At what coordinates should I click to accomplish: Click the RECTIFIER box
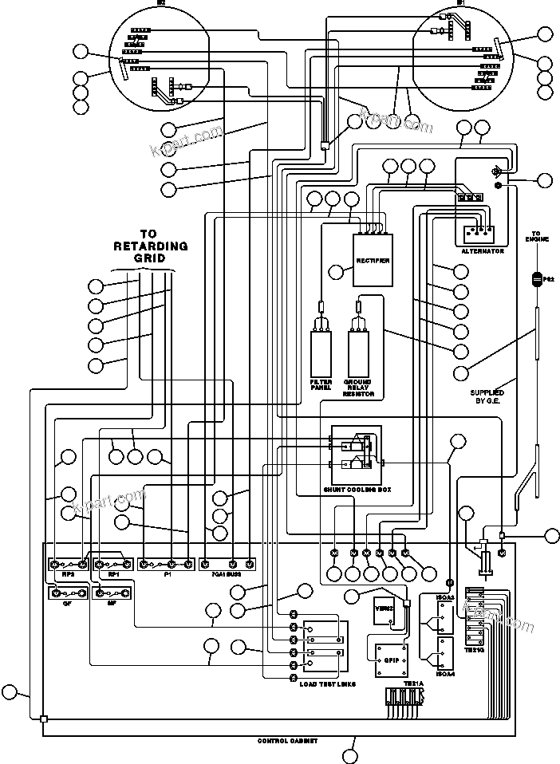coord(373,262)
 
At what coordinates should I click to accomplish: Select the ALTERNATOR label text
coord(483,251)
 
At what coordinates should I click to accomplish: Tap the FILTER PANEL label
coord(321,386)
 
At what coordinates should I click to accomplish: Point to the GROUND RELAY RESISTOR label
coord(358,388)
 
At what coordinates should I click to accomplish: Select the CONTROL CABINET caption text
coord(287,741)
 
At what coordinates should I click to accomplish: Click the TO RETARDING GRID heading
coord(151,246)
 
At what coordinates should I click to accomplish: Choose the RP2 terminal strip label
coord(56,574)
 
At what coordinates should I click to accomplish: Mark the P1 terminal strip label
coord(168,574)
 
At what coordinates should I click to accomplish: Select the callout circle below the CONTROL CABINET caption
coord(350,754)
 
